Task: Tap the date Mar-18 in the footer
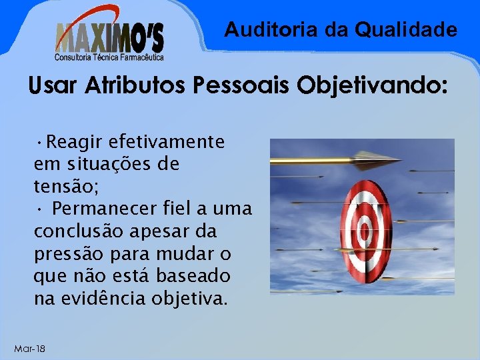click(x=29, y=349)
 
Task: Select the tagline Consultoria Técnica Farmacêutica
click(x=110, y=57)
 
